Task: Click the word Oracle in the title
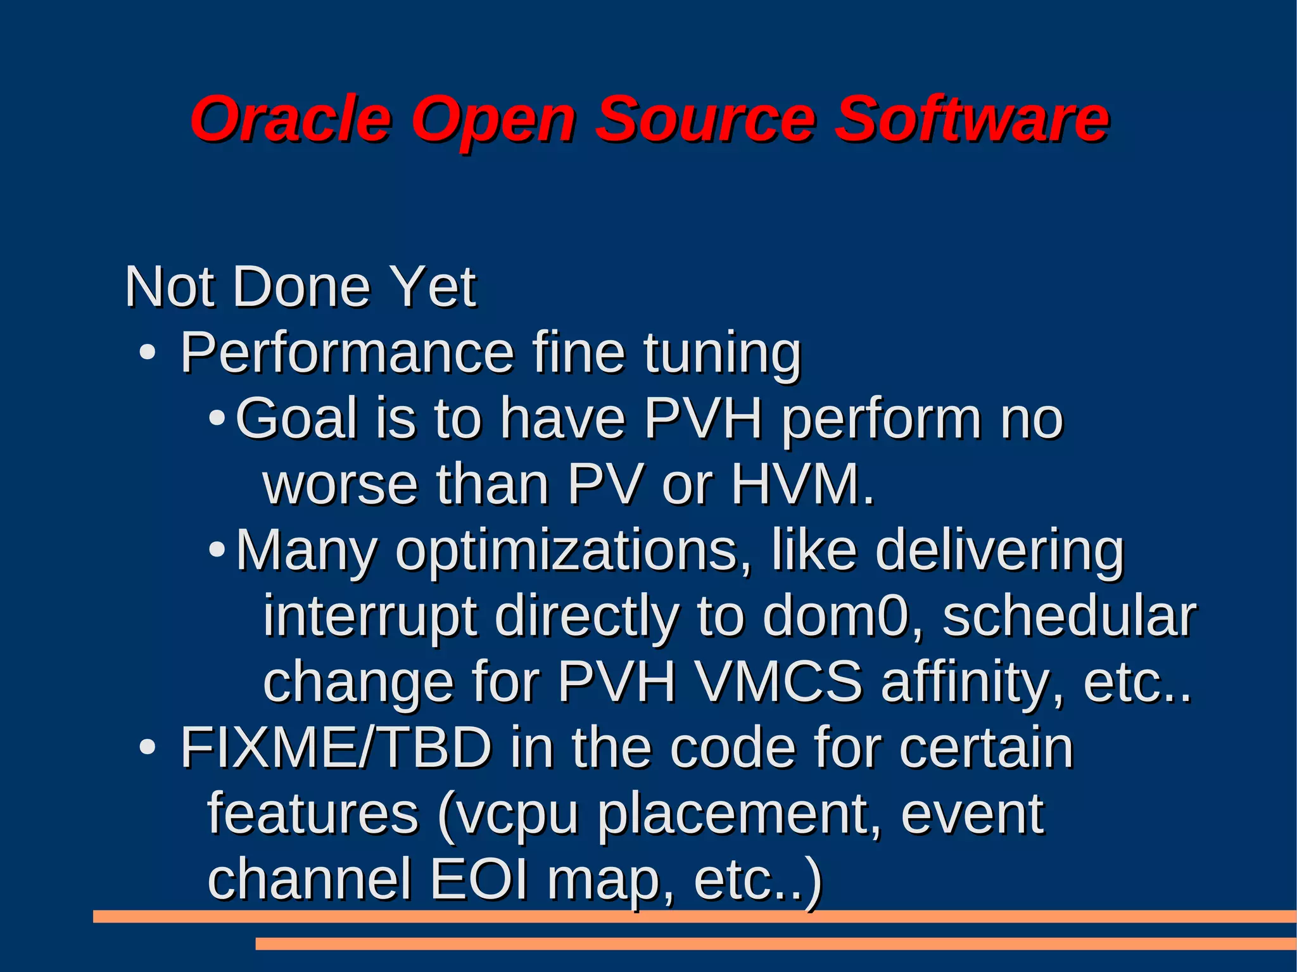(x=291, y=118)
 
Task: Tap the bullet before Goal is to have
(x=217, y=419)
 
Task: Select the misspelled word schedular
(x=1069, y=616)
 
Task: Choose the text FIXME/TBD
(x=336, y=748)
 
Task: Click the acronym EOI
(x=479, y=880)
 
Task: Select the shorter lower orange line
(x=775, y=944)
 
